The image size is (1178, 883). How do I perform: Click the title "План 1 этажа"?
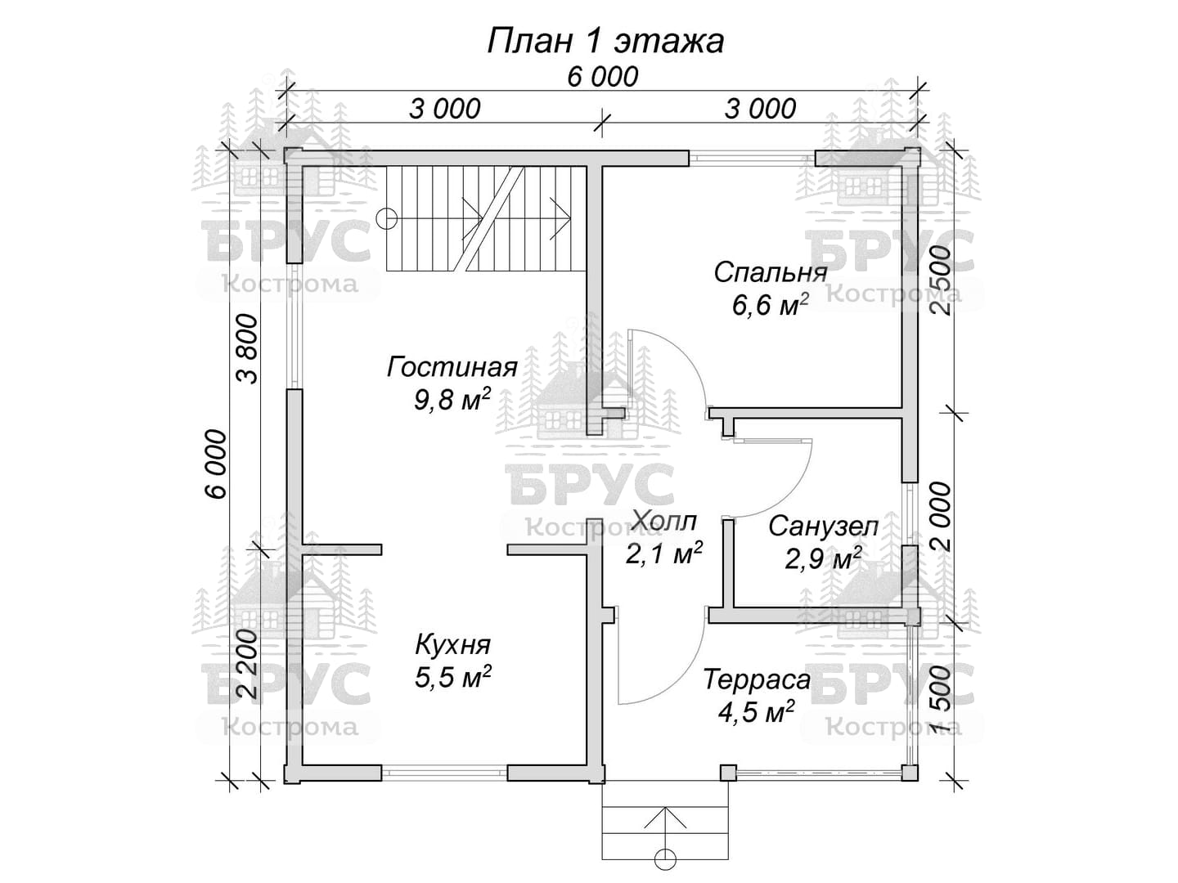(605, 42)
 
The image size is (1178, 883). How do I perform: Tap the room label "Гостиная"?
(452, 368)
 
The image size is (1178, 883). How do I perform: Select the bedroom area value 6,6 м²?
(770, 305)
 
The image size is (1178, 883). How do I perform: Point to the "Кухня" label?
(452, 646)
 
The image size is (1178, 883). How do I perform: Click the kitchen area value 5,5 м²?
(452, 677)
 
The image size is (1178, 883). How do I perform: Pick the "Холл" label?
(664, 521)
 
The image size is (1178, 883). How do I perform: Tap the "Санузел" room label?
(823, 527)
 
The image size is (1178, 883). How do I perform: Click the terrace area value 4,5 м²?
(756, 711)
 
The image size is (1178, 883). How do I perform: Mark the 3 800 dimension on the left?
(247, 349)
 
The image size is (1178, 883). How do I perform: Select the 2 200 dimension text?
(247, 664)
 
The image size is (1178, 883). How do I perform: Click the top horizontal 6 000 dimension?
(603, 77)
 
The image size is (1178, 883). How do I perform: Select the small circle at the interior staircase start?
(386, 219)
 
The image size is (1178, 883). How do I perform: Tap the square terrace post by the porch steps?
(728, 773)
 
